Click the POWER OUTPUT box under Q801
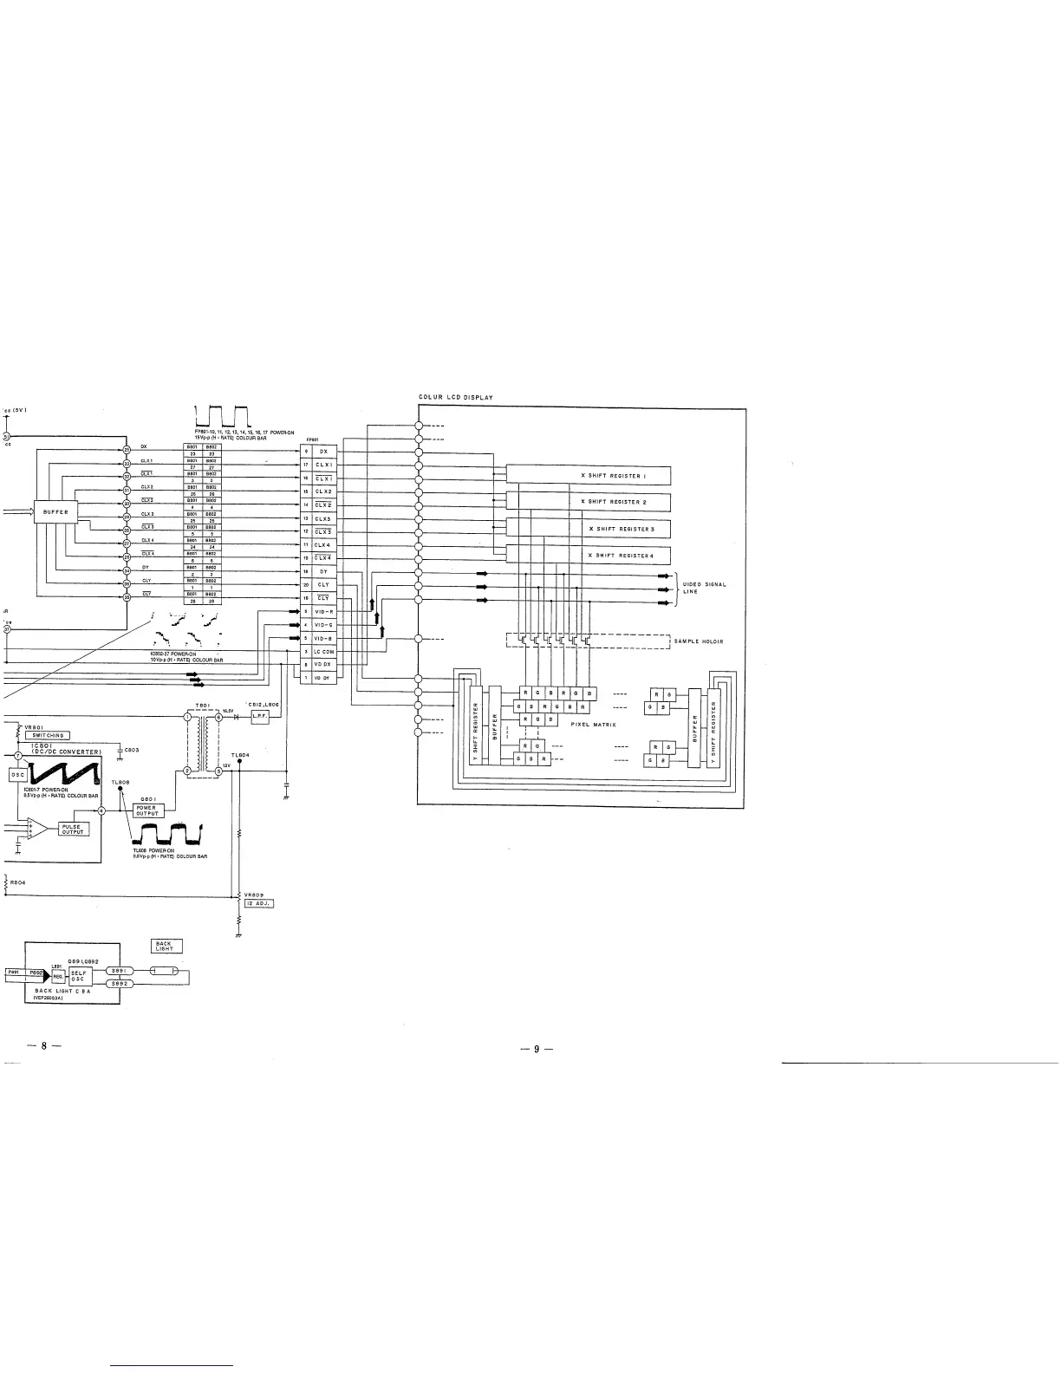(147, 810)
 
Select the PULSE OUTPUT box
(71, 830)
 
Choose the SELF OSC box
(80, 977)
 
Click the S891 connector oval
(120, 971)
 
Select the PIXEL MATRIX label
(594, 725)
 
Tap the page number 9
(536, 1050)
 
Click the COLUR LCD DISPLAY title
(456, 398)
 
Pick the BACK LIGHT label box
(166, 946)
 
